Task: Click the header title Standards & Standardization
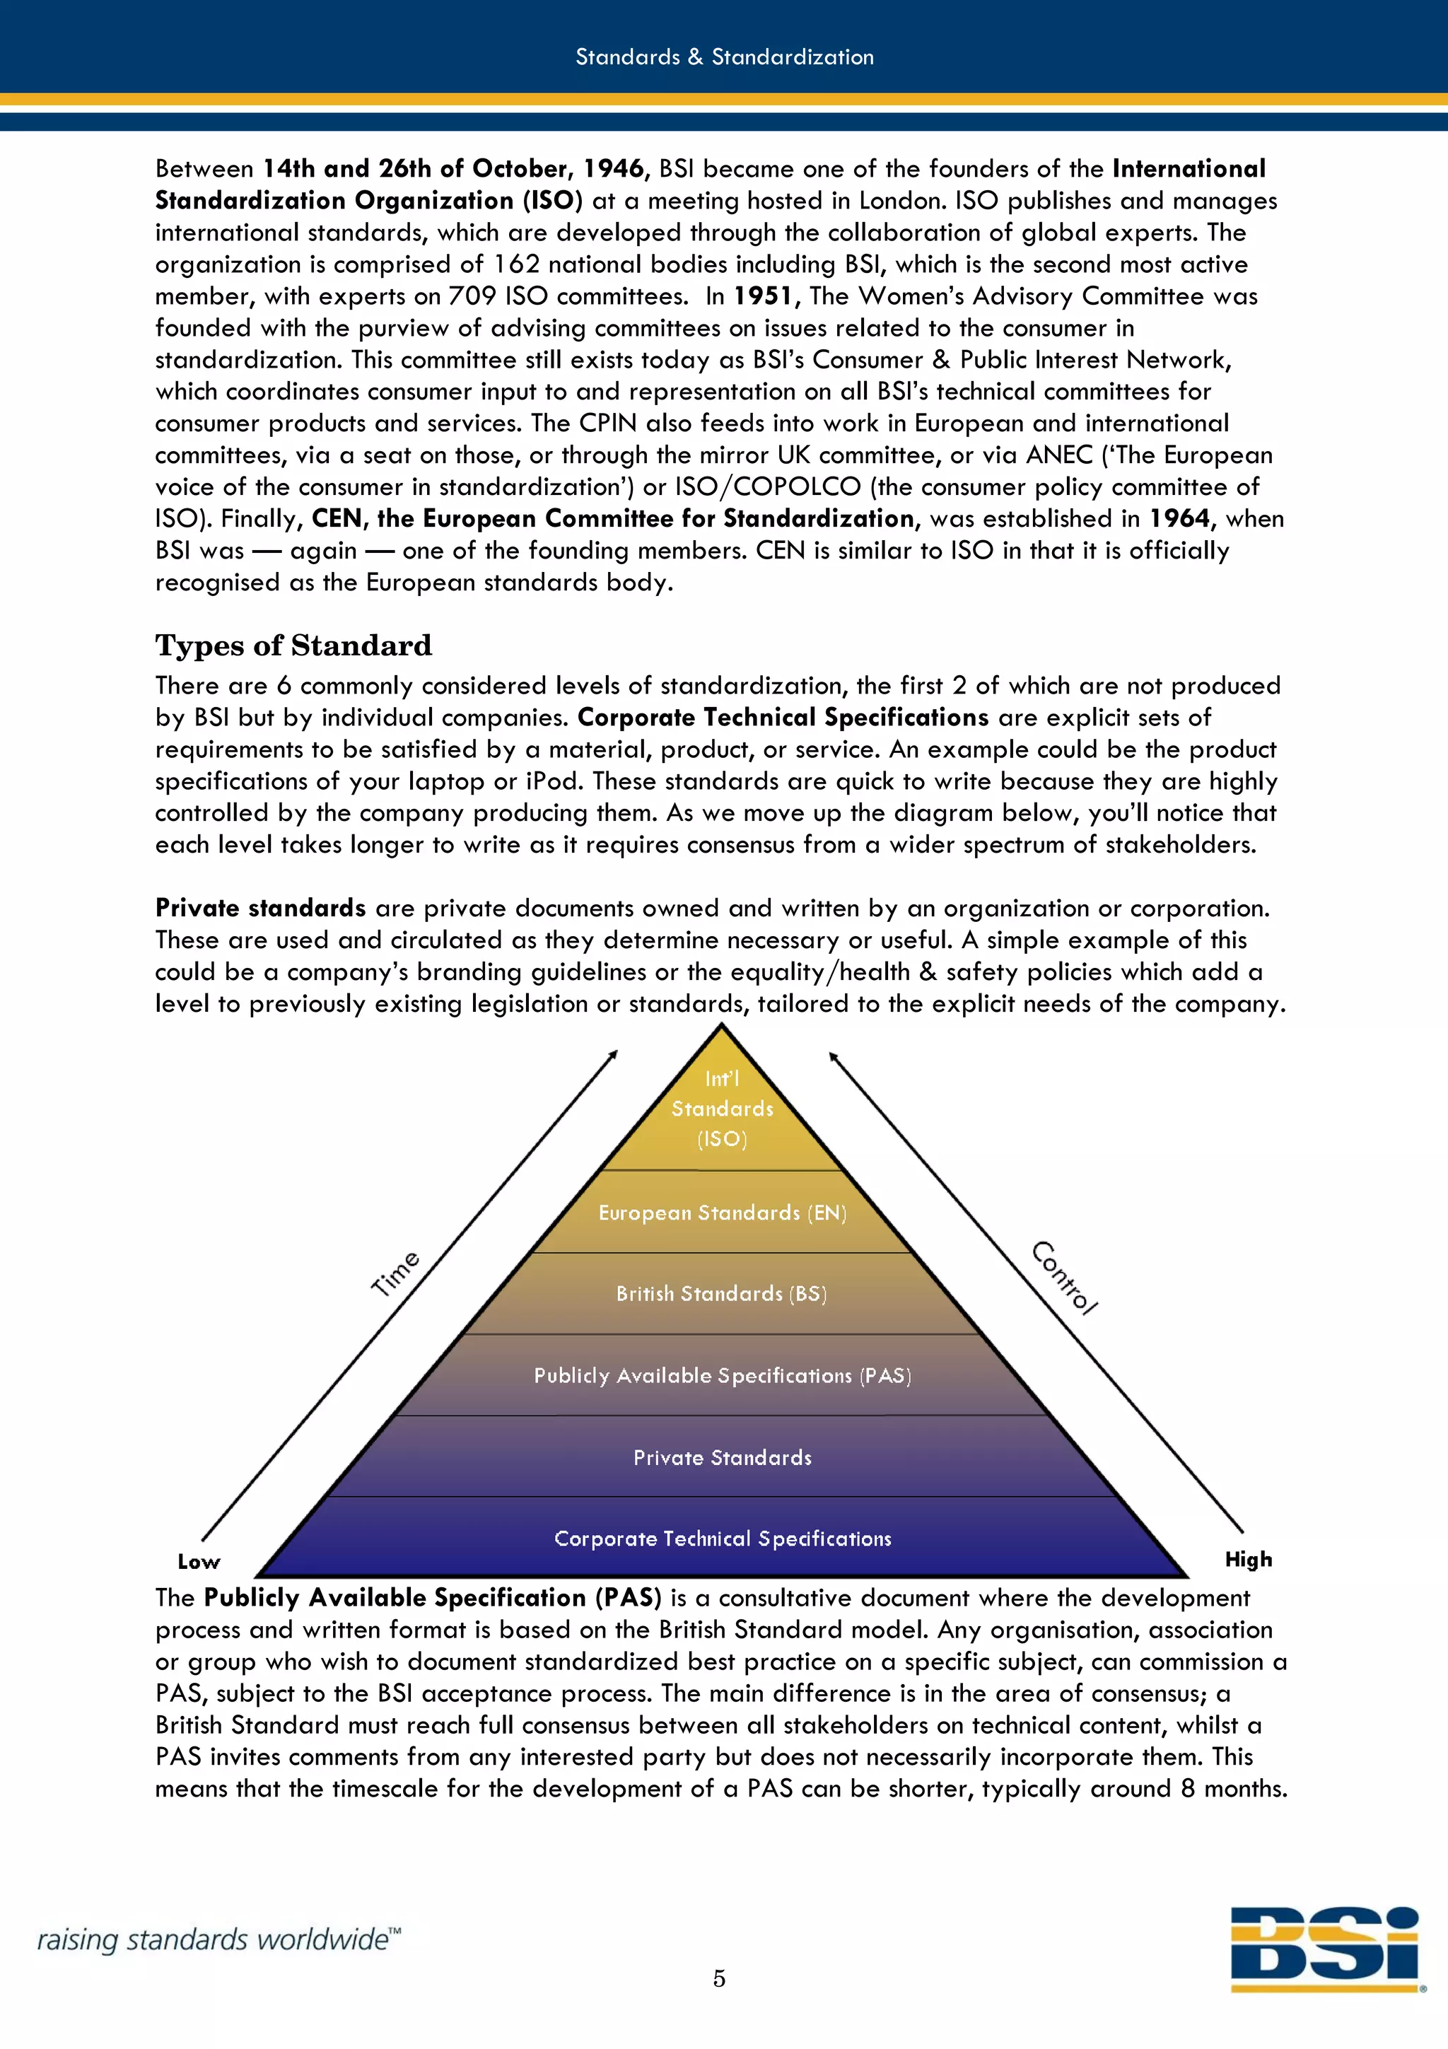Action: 723,57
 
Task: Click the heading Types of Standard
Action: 293,646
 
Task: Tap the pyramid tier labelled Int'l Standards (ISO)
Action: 722,1109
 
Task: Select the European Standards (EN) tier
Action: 722,1213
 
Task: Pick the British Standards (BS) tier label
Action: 722,1294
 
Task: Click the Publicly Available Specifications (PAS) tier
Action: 722,1376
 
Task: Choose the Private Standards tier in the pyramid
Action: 722,1458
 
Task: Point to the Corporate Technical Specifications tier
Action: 722,1539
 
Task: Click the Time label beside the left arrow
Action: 395,1273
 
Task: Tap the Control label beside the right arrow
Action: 1064,1278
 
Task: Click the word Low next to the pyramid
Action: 198,1562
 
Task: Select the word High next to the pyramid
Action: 1248,1560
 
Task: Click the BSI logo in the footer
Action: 1326,1948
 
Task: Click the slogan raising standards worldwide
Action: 218,1940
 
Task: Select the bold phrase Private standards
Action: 260,909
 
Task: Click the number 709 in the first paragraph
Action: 473,296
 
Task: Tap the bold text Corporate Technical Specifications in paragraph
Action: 783,718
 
